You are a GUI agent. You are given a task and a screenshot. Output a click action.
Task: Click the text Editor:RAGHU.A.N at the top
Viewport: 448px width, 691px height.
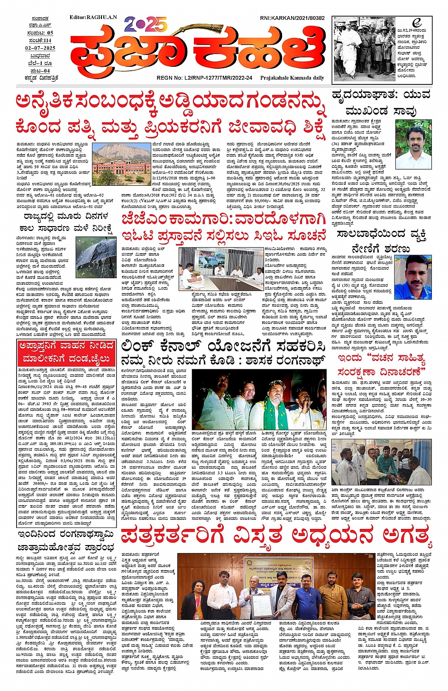(93, 18)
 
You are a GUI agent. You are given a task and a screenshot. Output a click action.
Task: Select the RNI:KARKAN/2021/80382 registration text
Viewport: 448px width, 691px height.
(292, 18)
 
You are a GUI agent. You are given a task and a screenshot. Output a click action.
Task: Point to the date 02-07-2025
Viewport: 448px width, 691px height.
(40, 48)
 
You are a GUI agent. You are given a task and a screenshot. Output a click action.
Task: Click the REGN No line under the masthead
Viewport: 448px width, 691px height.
(204, 78)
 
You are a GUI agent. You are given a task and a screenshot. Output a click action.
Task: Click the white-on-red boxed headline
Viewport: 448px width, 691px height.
(66, 351)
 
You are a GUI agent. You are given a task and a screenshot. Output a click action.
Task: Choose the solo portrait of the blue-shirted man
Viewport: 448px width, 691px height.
(412, 277)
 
